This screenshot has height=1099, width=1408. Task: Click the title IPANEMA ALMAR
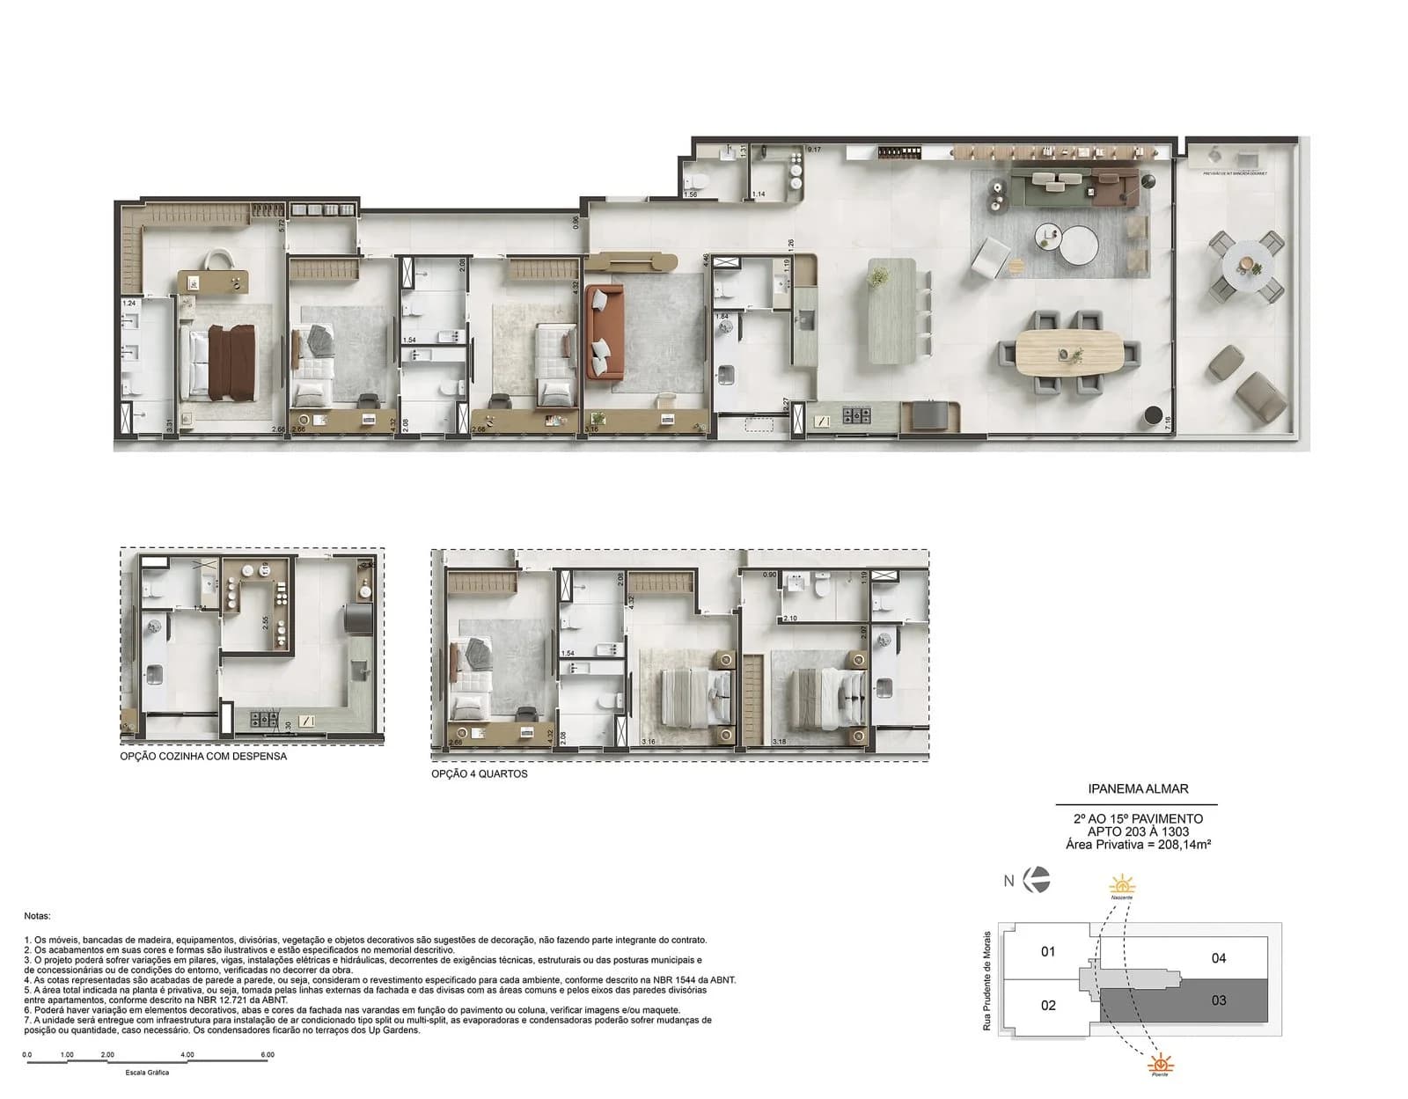point(1137,789)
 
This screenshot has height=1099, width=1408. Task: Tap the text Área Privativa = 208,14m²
point(1137,845)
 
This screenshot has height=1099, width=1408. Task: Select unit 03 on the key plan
point(1218,1000)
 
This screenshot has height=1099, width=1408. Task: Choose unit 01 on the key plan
point(1047,951)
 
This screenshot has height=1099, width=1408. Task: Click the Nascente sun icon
point(1121,885)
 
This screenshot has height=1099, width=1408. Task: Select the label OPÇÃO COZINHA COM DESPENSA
point(203,756)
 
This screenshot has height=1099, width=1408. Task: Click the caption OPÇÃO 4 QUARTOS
point(479,774)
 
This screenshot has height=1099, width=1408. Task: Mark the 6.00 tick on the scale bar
point(268,1054)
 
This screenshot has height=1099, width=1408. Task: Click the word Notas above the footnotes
point(37,916)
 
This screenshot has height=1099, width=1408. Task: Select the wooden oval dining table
point(1068,353)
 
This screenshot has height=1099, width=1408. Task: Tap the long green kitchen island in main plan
point(891,311)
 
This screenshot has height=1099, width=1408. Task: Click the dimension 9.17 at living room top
point(814,150)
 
